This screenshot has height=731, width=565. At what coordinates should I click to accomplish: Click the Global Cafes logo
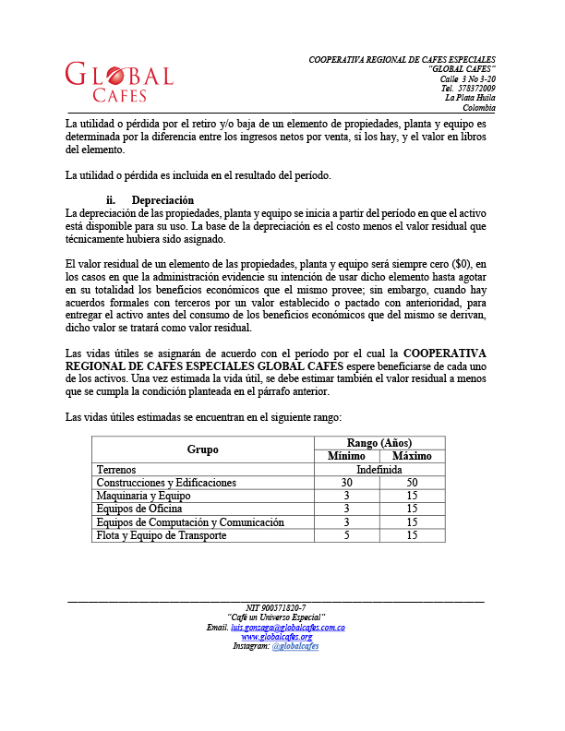(119, 81)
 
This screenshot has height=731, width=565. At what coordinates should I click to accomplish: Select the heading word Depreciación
(162, 200)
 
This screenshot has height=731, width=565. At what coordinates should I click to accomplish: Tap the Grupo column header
(202, 449)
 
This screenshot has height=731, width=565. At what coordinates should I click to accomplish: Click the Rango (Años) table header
(379, 442)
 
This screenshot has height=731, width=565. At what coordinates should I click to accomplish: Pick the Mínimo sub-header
(346, 456)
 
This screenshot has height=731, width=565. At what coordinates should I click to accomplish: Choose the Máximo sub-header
(412, 456)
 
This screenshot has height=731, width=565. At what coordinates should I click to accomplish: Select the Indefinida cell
(379, 470)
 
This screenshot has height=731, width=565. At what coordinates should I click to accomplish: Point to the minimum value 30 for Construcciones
(346, 483)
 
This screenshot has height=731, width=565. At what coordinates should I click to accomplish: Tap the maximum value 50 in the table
(412, 483)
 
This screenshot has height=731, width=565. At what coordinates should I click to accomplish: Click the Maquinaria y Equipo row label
(143, 496)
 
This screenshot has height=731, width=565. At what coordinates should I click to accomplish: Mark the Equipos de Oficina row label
(139, 509)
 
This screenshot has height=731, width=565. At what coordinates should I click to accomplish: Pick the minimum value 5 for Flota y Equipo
(346, 535)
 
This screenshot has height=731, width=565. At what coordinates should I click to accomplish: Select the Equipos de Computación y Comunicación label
(189, 522)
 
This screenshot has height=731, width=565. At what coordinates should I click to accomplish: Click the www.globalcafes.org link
(276, 637)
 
